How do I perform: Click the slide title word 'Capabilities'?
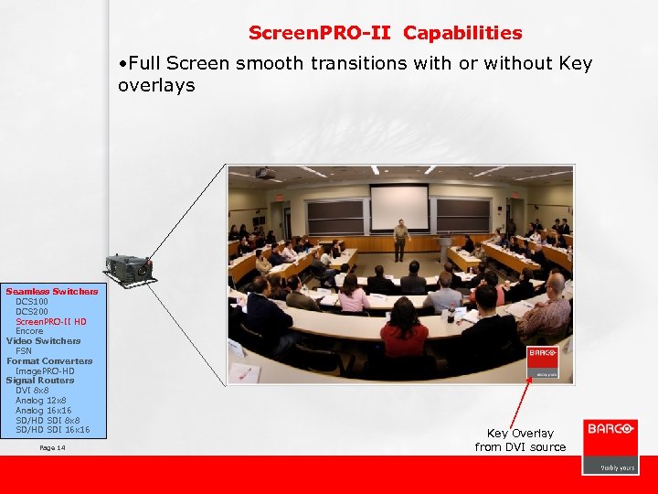[462, 33]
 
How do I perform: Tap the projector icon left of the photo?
[128, 268]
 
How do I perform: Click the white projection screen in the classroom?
[398, 207]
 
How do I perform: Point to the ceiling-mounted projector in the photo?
[265, 173]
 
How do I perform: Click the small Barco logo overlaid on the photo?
[541, 360]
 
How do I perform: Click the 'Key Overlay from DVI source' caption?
[520, 440]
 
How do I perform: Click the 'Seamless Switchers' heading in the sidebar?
[52, 292]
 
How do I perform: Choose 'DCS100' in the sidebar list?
[33, 302]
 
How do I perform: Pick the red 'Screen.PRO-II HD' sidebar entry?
[51, 321]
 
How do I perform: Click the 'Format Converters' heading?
[49, 360]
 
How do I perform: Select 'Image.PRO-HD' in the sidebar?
[45, 370]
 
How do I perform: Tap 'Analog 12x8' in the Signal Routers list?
[41, 401]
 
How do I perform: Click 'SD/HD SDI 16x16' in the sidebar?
[53, 430]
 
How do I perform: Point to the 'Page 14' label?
[53, 447]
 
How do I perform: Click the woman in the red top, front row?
[403, 328]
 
